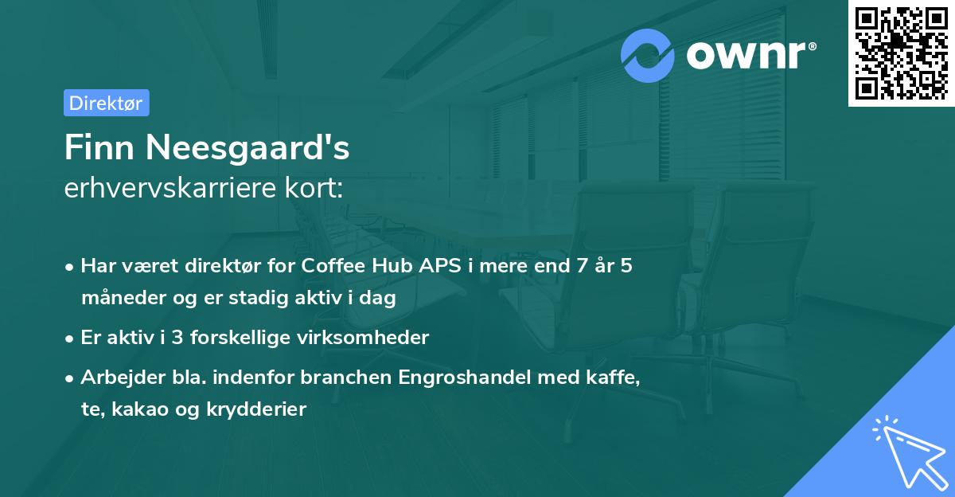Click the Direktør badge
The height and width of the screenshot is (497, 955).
coord(106,103)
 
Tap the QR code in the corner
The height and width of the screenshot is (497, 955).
coord(901,53)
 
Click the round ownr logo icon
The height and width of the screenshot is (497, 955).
coord(648,56)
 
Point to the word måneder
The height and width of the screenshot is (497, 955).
coord(116,299)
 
